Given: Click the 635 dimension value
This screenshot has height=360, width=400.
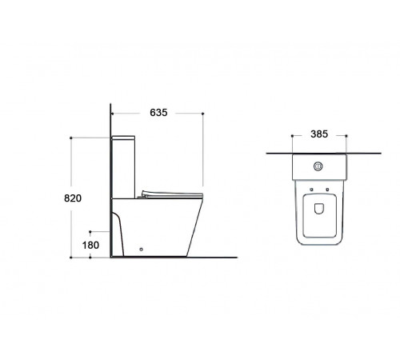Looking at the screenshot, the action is coord(158,113).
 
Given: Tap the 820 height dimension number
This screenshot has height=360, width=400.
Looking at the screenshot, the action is coord(73,198).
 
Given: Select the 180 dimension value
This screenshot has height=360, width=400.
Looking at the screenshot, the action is coord(90,245).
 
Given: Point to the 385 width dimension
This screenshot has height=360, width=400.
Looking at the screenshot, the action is coord(319,134).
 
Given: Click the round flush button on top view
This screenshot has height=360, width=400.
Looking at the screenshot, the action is coord(318,166).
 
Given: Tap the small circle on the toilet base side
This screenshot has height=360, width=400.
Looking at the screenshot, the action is coord(142,250).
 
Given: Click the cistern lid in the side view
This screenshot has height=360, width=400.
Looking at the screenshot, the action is coord(123,138).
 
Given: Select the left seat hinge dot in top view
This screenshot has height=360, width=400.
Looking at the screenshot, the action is coord(311,190).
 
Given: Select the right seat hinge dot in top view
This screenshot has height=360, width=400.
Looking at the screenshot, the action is coord(327,190).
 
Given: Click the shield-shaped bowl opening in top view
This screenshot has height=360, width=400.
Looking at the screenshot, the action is coord(318,209).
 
